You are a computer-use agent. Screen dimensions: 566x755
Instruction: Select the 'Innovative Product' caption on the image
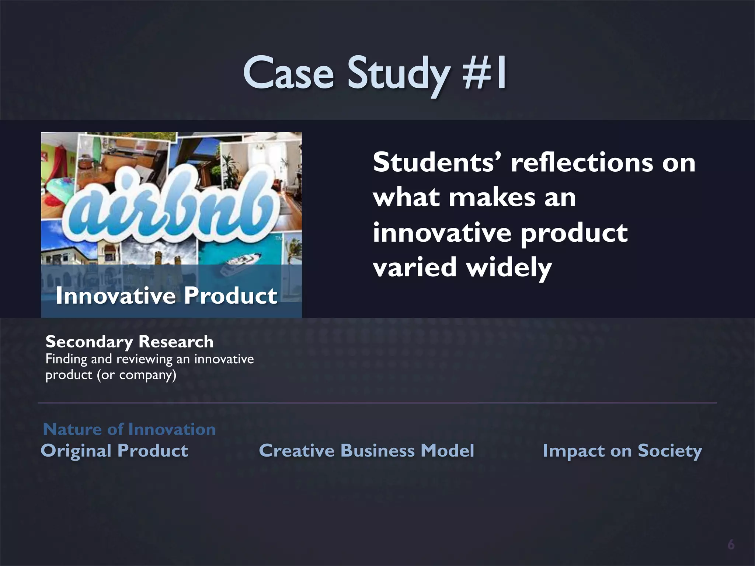[166, 296]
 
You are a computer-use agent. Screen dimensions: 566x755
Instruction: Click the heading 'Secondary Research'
[129, 342]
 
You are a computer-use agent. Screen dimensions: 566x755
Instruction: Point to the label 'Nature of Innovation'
[129, 429]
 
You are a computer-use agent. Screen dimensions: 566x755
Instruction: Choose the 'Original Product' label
[114, 451]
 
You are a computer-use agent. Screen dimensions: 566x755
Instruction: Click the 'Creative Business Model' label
[366, 451]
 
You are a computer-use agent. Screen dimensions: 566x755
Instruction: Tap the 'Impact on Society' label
[622, 451]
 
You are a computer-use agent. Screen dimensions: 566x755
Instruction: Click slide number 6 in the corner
[731, 545]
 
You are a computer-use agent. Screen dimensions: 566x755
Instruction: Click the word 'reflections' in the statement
[581, 162]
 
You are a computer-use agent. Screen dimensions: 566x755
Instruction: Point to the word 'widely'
[509, 267]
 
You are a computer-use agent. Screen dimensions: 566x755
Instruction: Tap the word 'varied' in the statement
[415, 267]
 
